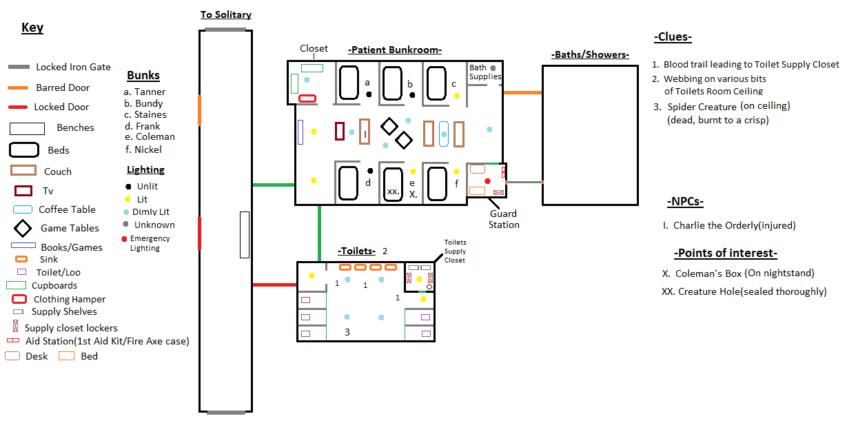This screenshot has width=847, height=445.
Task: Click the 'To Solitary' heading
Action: pyautogui.click(x=226, y=14)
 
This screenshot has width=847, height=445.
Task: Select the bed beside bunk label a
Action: pyautogui.click(x=349, y=83)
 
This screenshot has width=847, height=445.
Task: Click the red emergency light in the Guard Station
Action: pyautogui.click(x=487, y=181)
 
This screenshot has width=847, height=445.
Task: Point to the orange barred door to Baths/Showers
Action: pyautogui.click(x=522, y=92)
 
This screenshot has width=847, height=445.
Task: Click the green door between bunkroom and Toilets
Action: pyautogui.click(x=320, y=234)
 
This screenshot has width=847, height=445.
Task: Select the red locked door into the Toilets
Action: pyautogui.click(x=274, y=284)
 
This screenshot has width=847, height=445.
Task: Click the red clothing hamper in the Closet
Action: pyautogui.click(x=307, y=99)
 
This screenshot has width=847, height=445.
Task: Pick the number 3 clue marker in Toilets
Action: pyautogui.click(x=347, y=332)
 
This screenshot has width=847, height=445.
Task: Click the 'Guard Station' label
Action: pyautogui.click(x=504, y=219)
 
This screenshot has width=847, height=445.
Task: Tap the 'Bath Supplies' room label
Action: pyautogui.click(x=484, y=72)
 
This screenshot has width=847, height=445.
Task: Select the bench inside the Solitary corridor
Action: pyautogui.click(x=245, y=235)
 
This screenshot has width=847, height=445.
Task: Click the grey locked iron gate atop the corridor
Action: pyautogui.click(x=225, y=30)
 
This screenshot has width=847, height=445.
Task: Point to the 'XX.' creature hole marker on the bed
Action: pyautogui.click(x=394, y=192)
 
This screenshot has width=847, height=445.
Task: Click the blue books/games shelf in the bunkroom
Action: pyautogui.click(x=300, y=132)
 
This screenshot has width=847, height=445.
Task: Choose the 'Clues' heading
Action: pyautogui.click(x=673, y=37)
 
